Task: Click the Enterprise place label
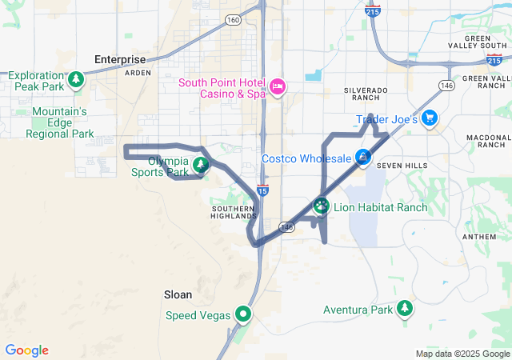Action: pos(120,59)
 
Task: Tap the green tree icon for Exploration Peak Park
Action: pos(76,78)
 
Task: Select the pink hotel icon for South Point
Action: pos(278,86)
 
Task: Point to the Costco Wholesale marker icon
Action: pos(364,158)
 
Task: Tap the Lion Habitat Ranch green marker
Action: pos(321,206)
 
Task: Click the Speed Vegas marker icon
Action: pos(242,314)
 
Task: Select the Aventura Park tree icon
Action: pos(405,308)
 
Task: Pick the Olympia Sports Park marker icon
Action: pos(201,166)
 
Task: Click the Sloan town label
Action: pos(178,294)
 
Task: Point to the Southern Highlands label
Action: pos(234,211)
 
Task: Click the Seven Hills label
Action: pos(398,166)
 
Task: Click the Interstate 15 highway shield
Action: pos(262,190)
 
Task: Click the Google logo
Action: pos(26,350)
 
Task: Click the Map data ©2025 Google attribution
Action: pos(462,354)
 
